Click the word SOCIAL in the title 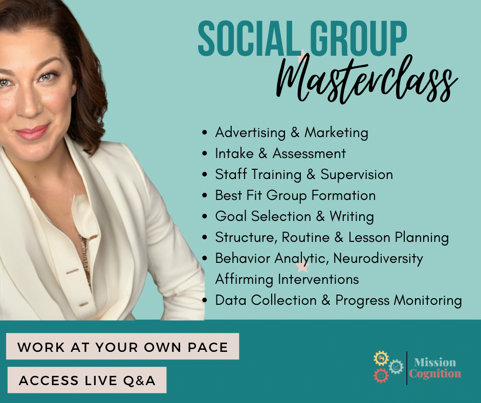[x=249, y=39]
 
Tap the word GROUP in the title [x=358, y=39]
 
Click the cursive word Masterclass [x=367, y=79]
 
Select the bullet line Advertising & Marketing [x=292, y=133]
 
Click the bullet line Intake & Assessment [x=280, y=153]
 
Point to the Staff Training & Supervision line [x=304, y=174]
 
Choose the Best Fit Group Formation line [x=295, y=195]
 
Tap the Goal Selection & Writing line [x=295, y=216]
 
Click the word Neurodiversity [x=378, y=259]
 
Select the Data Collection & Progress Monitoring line [x=338, y=300]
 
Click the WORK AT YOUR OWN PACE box [x=122, y=347]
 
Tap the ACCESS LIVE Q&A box [x=87, y=380]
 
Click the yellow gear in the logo [x=381, y=358]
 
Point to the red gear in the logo [x=381, y=375]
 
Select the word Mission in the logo [x=435, y=362]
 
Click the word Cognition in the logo [x=434, y=374]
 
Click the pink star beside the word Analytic [x=303, y=267]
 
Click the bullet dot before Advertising [x=205, y=133]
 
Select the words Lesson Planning [x=399, y=238]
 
